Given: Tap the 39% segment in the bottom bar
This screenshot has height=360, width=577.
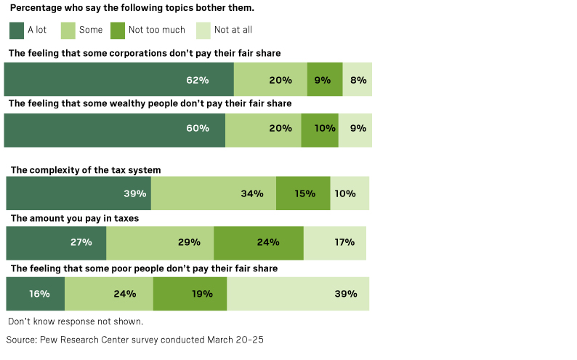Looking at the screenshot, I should [x=298, y=294].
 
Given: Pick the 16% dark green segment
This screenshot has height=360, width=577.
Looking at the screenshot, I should [x=36, y=294].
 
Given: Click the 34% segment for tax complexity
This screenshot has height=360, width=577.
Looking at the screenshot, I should [x=214, y=193].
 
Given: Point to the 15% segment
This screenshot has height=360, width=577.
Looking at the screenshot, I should [x=303, y=193].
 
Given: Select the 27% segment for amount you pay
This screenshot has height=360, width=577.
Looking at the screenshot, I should [x=56, y=242].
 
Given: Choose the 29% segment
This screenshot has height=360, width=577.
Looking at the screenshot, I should [x=160, y=242].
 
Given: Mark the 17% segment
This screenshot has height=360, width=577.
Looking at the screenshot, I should [x=335, y=242].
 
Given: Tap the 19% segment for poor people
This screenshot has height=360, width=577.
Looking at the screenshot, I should [x=190, y=294].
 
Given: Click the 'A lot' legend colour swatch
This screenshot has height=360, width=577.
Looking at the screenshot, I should [x=17, y=30].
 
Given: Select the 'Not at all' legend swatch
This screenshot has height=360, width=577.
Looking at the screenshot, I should [x=201, y=30].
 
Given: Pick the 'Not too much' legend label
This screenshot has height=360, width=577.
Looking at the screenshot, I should [x=156, y=30].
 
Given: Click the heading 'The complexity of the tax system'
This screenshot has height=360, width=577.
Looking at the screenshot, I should [x=86, y=169].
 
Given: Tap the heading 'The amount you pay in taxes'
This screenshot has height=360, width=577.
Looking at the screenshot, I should [x=75, y=218].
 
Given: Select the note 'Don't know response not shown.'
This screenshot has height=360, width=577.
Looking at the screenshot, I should [x=76, y=321].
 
